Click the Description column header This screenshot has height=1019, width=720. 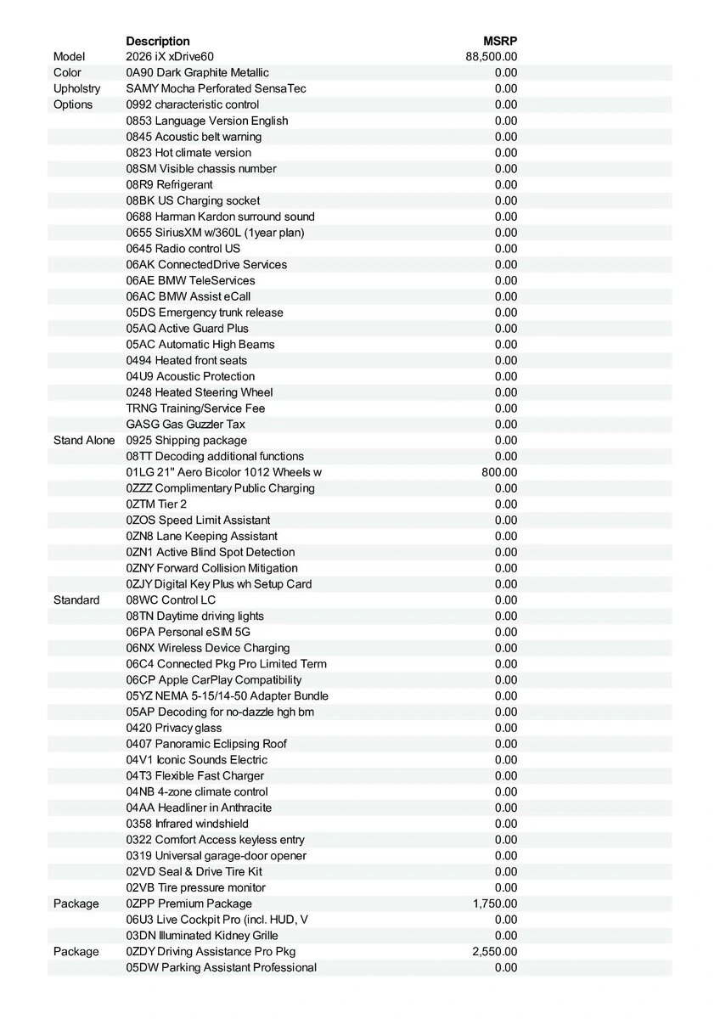click(158, 41)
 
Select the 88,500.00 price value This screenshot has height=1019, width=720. click(492, 57)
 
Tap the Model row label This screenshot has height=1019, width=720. click(69, 57)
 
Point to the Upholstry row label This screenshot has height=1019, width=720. click(76, 88)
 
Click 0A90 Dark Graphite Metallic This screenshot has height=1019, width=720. click(197, 73)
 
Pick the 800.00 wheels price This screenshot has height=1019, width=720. click(499, 472)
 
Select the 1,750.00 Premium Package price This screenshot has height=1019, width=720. click(495, 904)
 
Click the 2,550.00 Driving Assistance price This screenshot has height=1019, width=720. click(495, 951)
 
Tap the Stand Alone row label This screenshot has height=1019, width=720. click(84, 440)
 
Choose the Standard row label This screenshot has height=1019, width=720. click(76, 600)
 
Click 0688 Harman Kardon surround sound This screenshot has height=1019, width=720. click(220, 217)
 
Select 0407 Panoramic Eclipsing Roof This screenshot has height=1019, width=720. click(206, 744)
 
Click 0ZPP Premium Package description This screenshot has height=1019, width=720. click(188, 904)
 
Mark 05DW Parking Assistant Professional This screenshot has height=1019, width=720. click(221, 967)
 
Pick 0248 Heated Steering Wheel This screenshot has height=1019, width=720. click(200, 392)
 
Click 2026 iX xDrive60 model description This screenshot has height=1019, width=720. click(170, 57)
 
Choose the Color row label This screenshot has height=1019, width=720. click(67, 73)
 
